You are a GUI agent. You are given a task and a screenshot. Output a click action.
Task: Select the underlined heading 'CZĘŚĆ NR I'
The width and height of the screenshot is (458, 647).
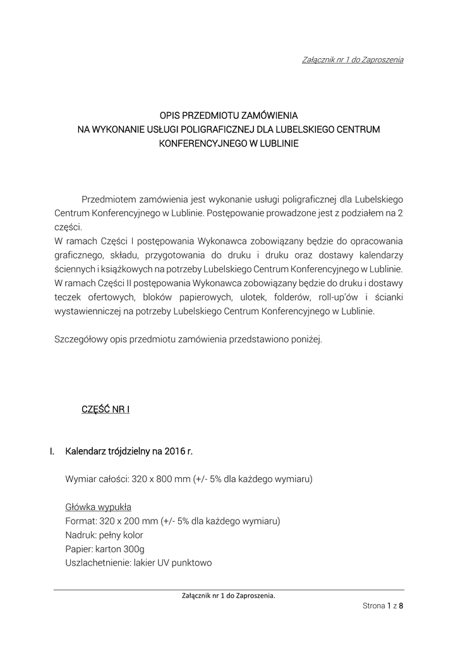pos(106,409)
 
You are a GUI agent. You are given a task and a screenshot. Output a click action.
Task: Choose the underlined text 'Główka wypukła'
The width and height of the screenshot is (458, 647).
pos(98,507)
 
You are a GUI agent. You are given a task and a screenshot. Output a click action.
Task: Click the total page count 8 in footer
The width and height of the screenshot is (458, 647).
pos(401,606)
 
